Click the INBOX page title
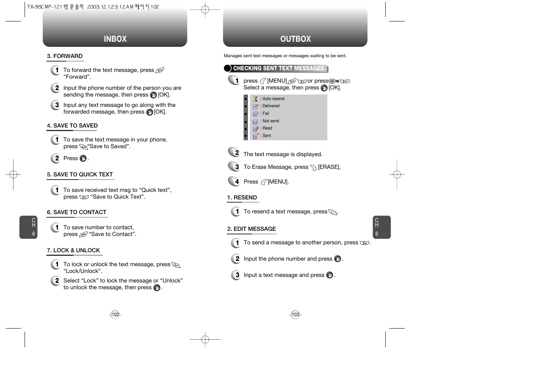115,39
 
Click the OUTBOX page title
296,39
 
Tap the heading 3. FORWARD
65,56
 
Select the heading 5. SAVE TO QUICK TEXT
80,174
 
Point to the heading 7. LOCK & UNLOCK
73,250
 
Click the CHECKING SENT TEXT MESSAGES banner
278,68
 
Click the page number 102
115,315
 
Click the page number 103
296,315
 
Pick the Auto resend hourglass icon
256,99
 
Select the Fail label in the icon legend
266,114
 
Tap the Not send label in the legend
271,121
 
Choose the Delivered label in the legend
271,106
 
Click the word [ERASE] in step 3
329,167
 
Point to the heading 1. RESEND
242,197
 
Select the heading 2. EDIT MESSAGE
252,229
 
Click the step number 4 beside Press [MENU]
236,182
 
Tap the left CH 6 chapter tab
28,227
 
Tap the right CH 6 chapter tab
382,227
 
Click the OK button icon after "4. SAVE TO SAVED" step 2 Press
83,159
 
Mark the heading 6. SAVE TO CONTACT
77,212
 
